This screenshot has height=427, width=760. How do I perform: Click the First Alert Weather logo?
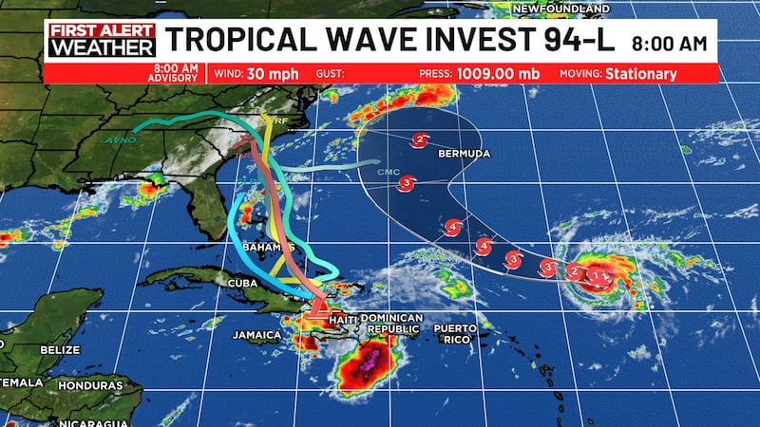102,40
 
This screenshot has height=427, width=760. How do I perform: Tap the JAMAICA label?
257,335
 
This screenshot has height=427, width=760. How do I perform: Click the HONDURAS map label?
90,386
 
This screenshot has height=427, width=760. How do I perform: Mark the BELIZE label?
59,350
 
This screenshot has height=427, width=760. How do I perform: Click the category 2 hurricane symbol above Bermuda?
419,141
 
